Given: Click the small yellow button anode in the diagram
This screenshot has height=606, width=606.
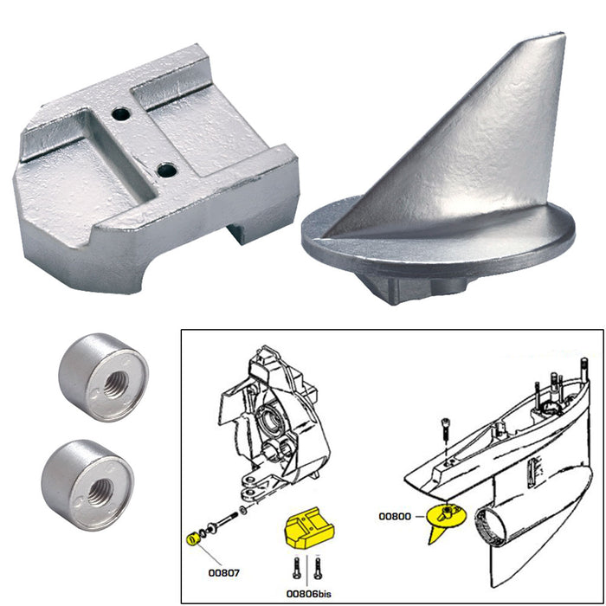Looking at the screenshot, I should click(193, 542).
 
